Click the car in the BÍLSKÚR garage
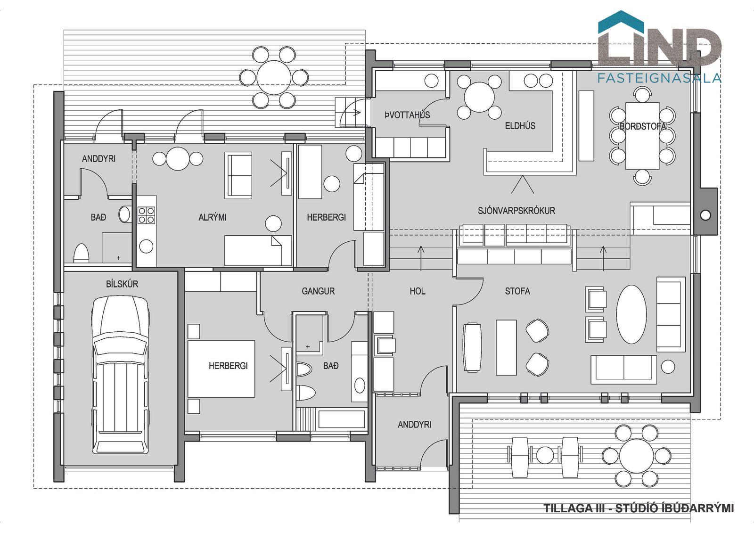click(x=120, y=374)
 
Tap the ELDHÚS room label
click(x=520, y=125)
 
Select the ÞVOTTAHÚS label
click(x=407, y=115)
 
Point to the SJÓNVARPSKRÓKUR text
click(x=516, y=211)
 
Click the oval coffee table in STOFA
click(x=631, y=314)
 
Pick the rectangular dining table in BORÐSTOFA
click(x=642, y=136)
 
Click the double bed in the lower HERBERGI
click(x=221, y=369)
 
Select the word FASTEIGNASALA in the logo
click(x=659, y=78)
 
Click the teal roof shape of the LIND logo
click(x=621, y=22)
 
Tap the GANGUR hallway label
click(x=318, y=291)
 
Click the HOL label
click(x=418, y=291)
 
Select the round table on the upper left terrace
click(x=274, y=77)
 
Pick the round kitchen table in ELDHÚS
click(x=479, y=97)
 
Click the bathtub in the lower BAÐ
click(x=341, y=419)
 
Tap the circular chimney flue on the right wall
click(x=705, y=215)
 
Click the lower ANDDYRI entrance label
click(x=414, y=425)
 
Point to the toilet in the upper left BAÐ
click(x=81, y=253)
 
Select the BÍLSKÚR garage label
click(x=122, y=284)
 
